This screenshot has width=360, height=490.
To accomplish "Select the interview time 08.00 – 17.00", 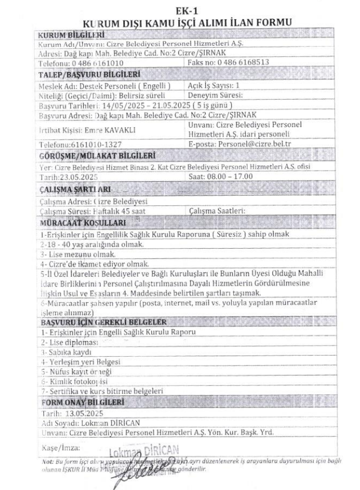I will coord(233,176).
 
